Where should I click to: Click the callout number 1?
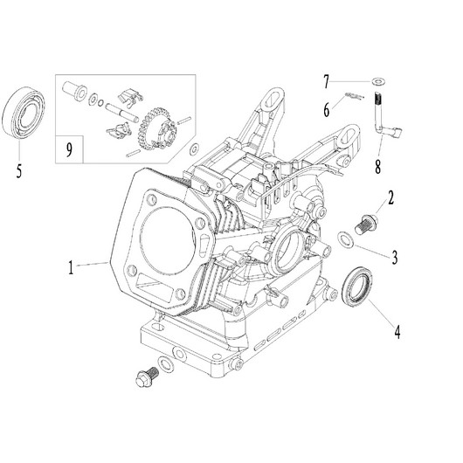pyautogui.click(x=71, y=267)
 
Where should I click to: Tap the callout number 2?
pyautogui.click(x=390, y=197)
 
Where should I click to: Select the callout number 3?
pyautogui.click(x=395, y=257)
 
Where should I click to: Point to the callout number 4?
pyautogui.click(x=397, y=332)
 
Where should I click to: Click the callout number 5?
pyautogui.click(x=19, y=170)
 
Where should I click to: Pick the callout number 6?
pyautogui.click(x=327, y=110)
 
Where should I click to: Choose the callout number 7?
pyautogui.click(x=327, y=82)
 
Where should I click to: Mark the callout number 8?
pyautogui.click(x=377, y=166)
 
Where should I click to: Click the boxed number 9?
pyautogui.click(x=69, y=149)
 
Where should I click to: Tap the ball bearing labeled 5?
pyautogui.click(x=24, y=113)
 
